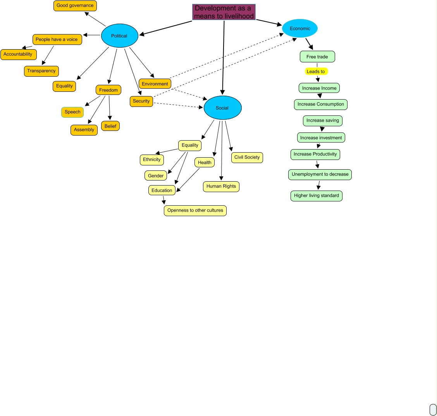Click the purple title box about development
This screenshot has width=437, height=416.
(x=224, y=12)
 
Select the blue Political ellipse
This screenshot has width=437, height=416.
(x=120, y=36)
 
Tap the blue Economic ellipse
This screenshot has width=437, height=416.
(x=300, y=28)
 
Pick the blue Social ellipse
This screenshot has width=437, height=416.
(x=222, y=108)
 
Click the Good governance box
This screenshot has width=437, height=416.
(x=75, y=6)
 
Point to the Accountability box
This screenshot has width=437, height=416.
(x=18, y=54)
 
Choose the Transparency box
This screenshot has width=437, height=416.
(x=41, y=71)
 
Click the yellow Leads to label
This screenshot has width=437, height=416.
(x=316, y=71)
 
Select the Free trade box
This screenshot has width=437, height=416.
(x=317, y=57)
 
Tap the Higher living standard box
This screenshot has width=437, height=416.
(x=317, y=196)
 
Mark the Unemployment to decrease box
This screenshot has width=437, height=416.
(x=320, y=174)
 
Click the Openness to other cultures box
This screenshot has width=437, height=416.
(x=195, y=210)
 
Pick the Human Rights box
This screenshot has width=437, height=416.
(x=221, y=186)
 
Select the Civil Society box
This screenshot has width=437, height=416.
(x=247, y=157)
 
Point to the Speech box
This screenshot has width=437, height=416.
(x=72, y=112)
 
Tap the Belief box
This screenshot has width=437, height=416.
(x=110, y=126)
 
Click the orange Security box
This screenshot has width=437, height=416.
(x=141, y=101)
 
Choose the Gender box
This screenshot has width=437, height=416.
(x=156, y=176)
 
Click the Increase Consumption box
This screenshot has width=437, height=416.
(x=321, y=104)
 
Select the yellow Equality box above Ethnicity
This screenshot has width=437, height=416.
(x=190, y=145)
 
